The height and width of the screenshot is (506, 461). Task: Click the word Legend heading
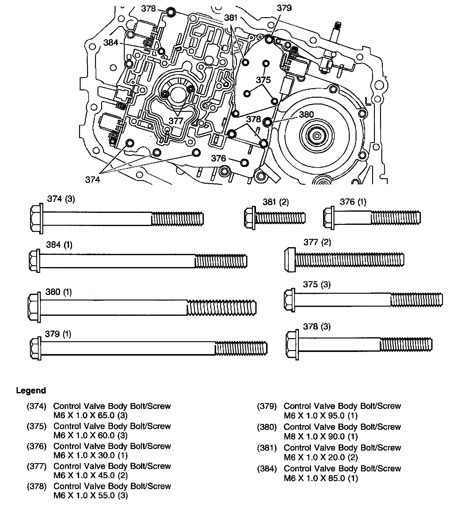pyautogui.click(x=31, y=391)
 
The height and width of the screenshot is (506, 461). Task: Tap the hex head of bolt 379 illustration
pyautogui.click(x=36, y=349)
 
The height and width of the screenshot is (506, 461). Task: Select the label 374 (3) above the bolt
pyautogui.click(x=61, y=199)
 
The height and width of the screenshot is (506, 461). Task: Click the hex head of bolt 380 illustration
pyautogui.click(x=34, y=307)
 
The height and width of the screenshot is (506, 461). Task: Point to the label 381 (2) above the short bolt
pyautogui.click(x=275, y=202)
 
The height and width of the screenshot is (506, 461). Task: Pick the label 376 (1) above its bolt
pyautogui.click(x=353, y=202)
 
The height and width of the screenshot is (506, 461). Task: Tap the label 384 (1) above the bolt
pyautogui.click(x=59, y=245)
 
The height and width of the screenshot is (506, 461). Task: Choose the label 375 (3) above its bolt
pyautogui.click(x=317, y=285)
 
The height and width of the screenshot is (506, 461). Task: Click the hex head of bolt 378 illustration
pyautogui.click(x=292, y=344)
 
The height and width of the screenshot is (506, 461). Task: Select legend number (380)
pyautogui.click(x=267, y=427)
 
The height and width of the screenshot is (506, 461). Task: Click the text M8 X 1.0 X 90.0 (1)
pyautogui.click(x=321, y=436)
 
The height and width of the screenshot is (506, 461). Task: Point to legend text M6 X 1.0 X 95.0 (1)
pyautogui.click(x=321, y=416)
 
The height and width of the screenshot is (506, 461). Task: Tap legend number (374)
pyautogui.click(x=36, y=406)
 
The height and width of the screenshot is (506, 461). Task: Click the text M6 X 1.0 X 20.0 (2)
pyautogui.click(x=321, y=457)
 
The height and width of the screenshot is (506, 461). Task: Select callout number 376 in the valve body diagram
pyautogui.click(x=219, y=158)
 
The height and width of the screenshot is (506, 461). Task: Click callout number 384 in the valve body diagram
pyautogui.click(x=111, y=43)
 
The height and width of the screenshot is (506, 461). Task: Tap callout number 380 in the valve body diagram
pyautogui.click(x=306, y=115)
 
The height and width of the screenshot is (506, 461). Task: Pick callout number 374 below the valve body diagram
pyautogui.click(x=93, y=180)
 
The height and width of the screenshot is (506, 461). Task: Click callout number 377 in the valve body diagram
pyautogui.click(x=176, y=121)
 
